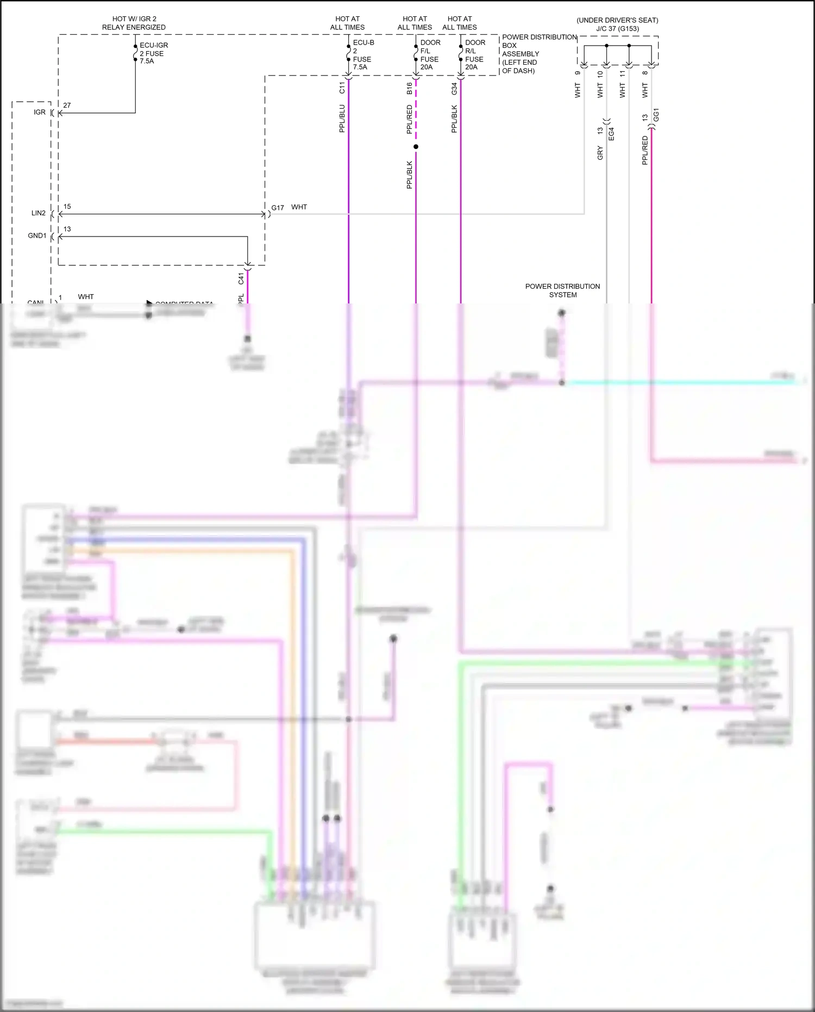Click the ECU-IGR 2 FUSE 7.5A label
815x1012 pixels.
(x=153, y=53)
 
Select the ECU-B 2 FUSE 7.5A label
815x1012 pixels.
(x=362, y=55)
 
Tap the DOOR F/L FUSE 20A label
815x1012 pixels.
(x=430, y=55)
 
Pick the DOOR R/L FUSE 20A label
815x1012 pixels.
(x=474, y=55)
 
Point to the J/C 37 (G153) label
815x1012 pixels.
(x=617, y=29)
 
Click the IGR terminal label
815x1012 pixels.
(x=40, y=112)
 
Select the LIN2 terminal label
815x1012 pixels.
(x=39, y=213)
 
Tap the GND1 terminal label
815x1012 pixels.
(x=37, y=235)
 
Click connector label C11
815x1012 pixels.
(x=342, y=88)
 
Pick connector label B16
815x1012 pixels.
(x=409, y=89)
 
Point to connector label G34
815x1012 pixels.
(x=454, y=89)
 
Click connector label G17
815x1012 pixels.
(x=278, y=208)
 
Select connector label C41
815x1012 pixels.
(x=241, y=279)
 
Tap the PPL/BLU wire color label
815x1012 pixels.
(x=342, y=119)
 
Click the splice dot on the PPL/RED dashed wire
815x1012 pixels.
(x=416, y=147)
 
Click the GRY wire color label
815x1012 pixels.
(x=600, y=153)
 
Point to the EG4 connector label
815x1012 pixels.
(x=611, y=134)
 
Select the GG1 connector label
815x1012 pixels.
(x=656, y=115)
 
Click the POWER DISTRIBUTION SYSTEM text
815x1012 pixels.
(x=562, y=290)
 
